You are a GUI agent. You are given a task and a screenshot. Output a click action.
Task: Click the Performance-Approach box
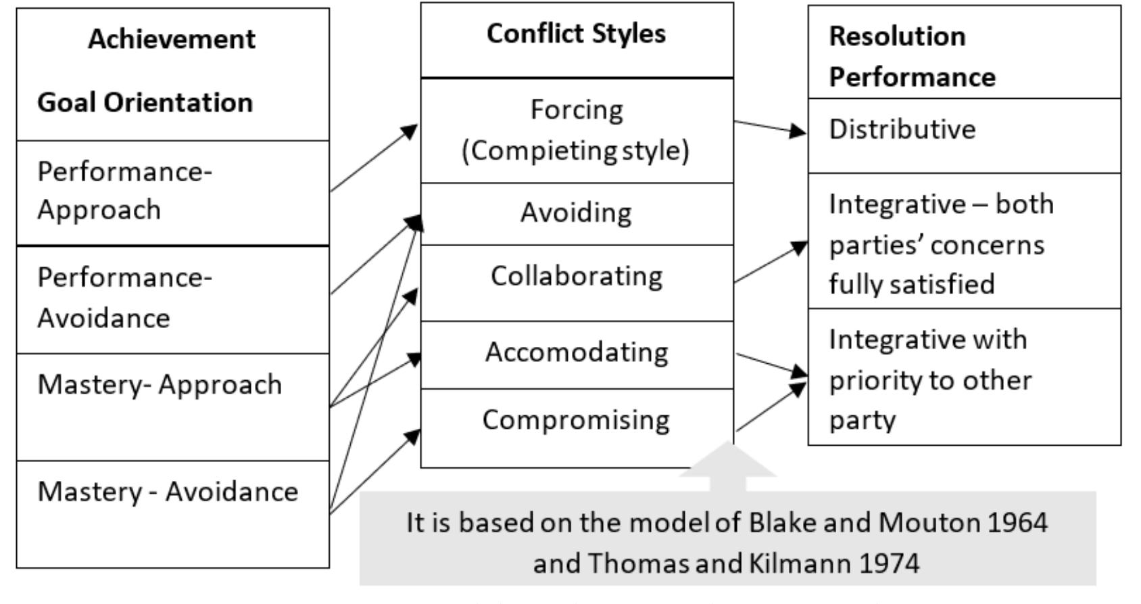pyautogui.click(x=172, y=192)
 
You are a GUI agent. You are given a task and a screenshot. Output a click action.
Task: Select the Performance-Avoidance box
pyautogui.click(x=172, y=299)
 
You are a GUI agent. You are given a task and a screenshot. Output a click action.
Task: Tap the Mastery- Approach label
pyautogui.click(x=160, y=385)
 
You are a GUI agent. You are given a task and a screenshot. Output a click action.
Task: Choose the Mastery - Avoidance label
pyautogui.click(x=168, y=492)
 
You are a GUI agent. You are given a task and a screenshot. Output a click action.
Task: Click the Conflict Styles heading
pyautogui.click(x=576, y=34)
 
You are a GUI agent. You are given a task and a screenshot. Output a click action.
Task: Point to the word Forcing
pyautogui.click(x=576, y=110)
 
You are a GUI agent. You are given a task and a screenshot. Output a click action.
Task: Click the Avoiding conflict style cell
pyautogui.click(x=576, y=213)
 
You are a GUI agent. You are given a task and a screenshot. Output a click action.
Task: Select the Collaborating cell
pyautogui.click(x=576, y=277)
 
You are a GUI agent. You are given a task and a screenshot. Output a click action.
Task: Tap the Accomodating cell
pyautogui.click(x=576, y=352)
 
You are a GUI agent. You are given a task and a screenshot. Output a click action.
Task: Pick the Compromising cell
pyautogui.click(x=576, y=420)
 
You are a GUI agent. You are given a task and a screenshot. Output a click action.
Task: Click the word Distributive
pyautogui.click(x=902, y=130)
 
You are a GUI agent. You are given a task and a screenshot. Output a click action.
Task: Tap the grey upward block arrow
pyautogui.click(x=727, y=467)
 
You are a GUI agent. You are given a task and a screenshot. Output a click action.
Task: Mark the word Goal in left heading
pyautogui.click(x=64, y=103)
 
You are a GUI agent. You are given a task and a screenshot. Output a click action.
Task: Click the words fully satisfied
pyautogui.click(x=911, y=284)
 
